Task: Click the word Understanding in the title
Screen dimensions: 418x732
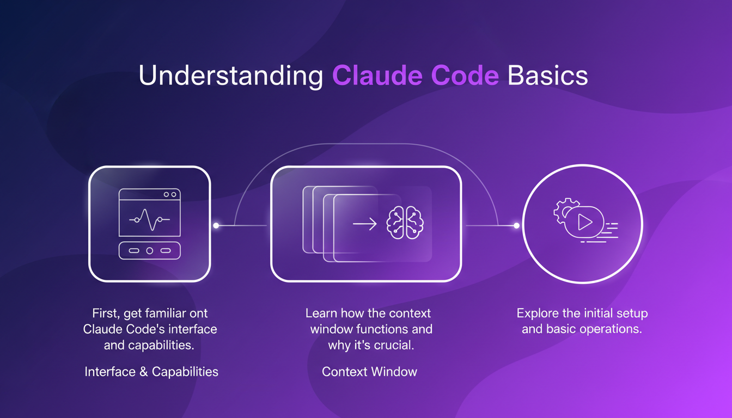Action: coord(231,76)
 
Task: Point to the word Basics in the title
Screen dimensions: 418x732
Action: coord(547,76)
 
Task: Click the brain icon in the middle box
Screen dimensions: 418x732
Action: coord(405,224)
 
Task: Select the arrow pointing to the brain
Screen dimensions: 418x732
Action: coord(364,224)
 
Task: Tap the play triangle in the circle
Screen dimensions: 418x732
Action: coord(584,222)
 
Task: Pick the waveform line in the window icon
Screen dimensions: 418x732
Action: coord(149,219)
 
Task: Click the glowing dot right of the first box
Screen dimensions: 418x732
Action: coord(216,225)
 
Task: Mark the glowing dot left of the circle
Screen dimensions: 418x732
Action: coord(516,225)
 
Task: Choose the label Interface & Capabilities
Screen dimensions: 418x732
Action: coord(151,372)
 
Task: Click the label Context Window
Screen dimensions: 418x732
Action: coord(369,372)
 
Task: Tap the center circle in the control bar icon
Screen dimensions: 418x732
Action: coord(149,250)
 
